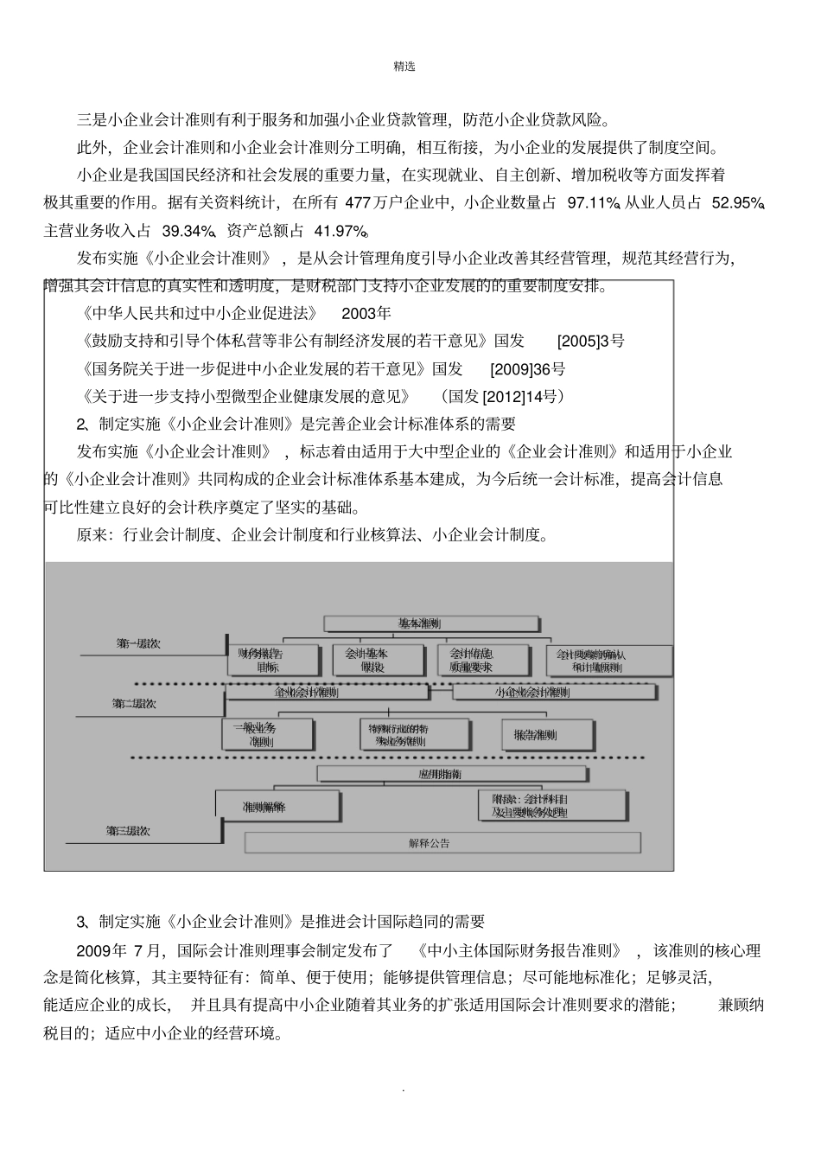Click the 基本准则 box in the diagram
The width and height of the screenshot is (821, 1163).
click(430, 623)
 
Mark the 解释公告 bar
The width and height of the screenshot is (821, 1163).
click(442, 843)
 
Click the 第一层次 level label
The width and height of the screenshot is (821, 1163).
click(138, 644)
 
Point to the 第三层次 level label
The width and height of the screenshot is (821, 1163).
click(128, 831)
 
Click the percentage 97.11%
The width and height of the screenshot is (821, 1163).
click(593, 203)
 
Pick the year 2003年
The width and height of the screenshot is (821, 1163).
click(366, 313)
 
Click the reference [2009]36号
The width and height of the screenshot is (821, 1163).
click(527, 369)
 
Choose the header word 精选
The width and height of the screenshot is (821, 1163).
click(404, 67)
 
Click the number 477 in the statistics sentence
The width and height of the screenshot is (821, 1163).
click(357, 203)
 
